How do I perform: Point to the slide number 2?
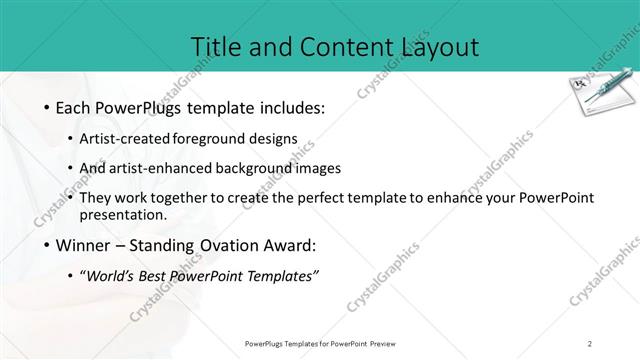[x=590, y=343]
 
